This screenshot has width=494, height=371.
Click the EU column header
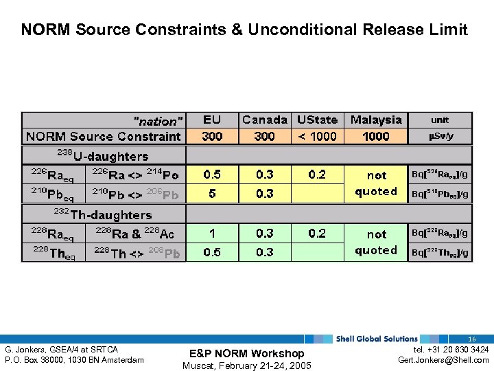tap(212, 120)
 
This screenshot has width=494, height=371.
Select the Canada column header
tap(265, 120)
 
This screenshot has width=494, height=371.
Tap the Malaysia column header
tap(376, 120)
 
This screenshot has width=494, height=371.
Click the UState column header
tap(317, 120)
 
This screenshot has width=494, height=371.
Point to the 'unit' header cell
tap(440, 120)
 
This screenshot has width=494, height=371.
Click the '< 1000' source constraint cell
tap(317, 136)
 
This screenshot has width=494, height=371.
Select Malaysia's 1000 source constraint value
tap(376, 136)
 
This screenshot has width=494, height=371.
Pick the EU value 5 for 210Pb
tap(212, 194)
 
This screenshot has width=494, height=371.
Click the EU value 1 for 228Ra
tap(212, 234)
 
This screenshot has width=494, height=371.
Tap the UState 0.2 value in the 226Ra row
tap(317, 175)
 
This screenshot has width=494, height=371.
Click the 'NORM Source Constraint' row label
tap(104, 136)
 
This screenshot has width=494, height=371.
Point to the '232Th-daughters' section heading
tap(102, 215)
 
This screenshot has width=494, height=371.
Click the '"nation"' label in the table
tap(158, 121)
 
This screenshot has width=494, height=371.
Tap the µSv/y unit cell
tap(440, 136)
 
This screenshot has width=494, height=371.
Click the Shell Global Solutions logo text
tap(377, 339)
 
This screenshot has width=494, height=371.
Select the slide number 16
tap(472, 339)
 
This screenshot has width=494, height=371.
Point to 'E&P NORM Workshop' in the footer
tap(246, 353)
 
